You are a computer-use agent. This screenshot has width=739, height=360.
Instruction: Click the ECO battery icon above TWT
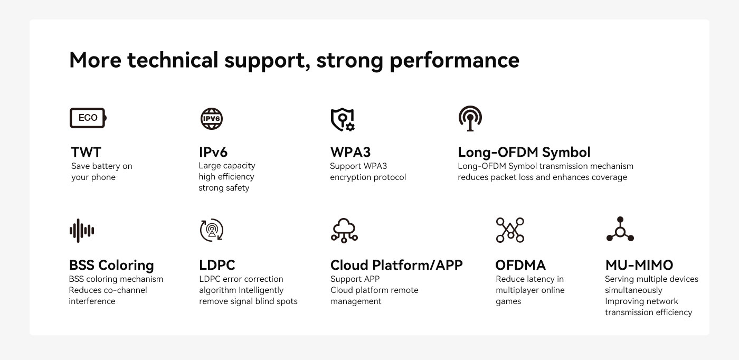[x=88, y=118]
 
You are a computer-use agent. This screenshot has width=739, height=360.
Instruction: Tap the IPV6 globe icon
[x=212, y=118]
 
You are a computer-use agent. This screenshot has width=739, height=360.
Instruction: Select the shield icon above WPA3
[x=343, y=119]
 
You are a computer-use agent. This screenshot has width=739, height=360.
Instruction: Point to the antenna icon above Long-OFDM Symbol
[x=470, y=118]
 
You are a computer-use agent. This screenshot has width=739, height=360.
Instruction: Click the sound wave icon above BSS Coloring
[x=82, y=231]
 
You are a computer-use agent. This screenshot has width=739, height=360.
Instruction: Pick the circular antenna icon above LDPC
[x=212, y=230]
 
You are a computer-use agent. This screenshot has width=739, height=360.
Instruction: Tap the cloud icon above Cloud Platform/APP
[x=344, y=230]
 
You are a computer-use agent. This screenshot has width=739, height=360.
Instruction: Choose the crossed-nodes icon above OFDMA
[x=510, y=230]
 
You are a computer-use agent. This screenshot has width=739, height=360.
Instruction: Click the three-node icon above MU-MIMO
[x=620, y=229]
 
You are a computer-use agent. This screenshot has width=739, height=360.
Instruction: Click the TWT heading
[x=86, y=152]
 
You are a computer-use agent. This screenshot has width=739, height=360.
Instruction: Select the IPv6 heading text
[x=213, y=152]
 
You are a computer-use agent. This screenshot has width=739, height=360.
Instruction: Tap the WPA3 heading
[x=350, y=152]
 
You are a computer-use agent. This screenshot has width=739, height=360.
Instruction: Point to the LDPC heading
[x=217, y=265]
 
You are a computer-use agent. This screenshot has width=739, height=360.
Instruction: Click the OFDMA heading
[x=520, y=265]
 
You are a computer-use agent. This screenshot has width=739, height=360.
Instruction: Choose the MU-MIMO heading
[x=639, y=265]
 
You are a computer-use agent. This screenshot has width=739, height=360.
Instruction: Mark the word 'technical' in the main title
[x=173, y=60]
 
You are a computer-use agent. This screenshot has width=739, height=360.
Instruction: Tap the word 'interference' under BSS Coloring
[x=92, y=301]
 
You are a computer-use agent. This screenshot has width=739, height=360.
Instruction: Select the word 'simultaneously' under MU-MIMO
[x=633, y=290]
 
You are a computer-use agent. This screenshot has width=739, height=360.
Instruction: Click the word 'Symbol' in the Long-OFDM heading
[x=566, y=153]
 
